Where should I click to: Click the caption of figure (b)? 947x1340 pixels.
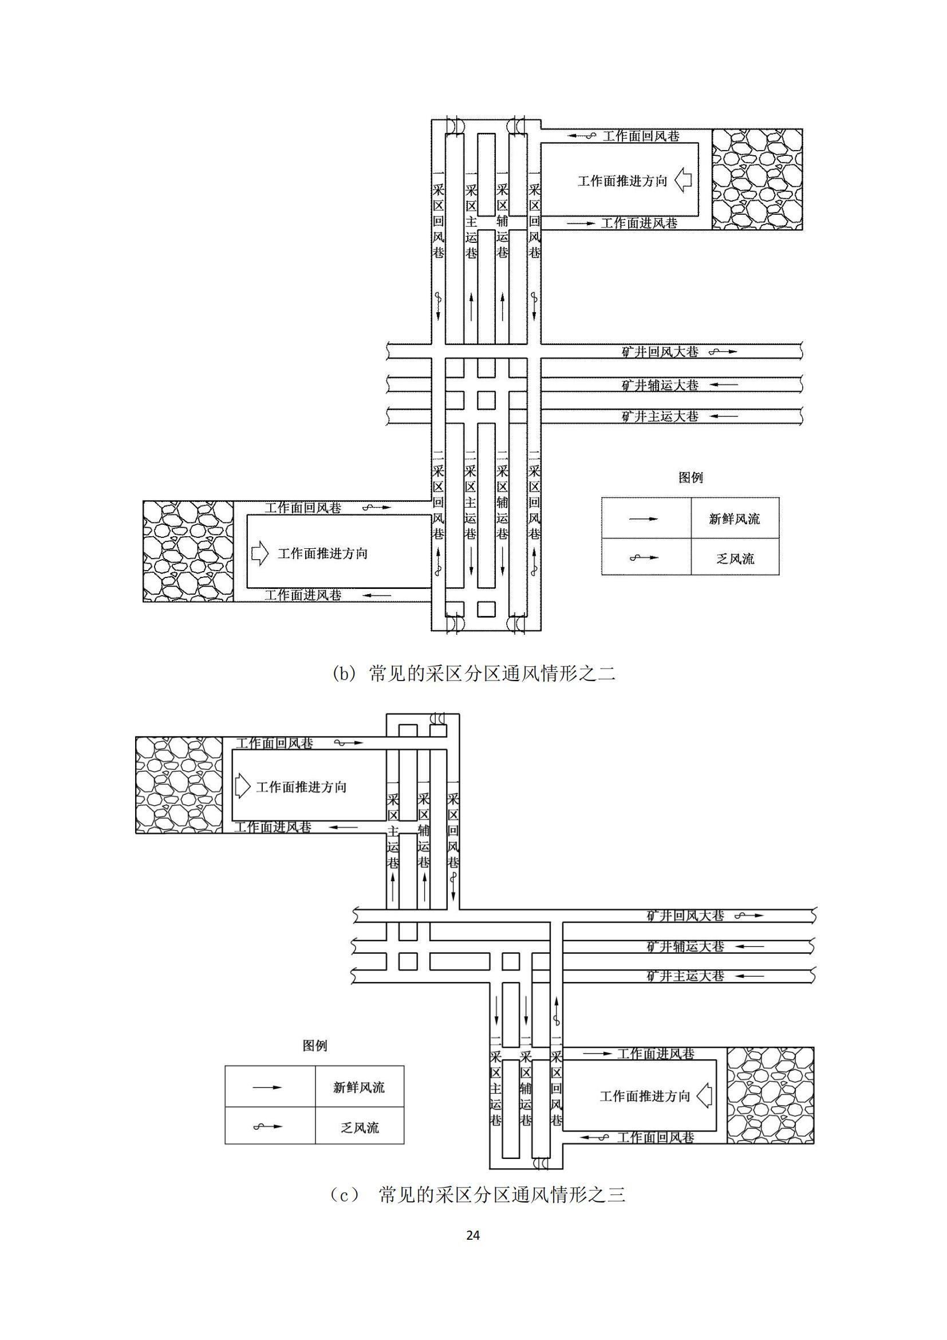pos(474,674)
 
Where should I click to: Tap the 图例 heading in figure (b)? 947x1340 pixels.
pos(690,477)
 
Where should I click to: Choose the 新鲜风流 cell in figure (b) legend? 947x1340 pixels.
pos(735,518)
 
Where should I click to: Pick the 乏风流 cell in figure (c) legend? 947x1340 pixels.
pos(360,1127)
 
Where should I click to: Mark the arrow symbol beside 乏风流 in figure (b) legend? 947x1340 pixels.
pos(644,557)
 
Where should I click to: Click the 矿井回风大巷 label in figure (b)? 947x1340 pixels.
pos(660,352)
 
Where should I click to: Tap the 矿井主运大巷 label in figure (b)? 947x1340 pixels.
pos(660,416)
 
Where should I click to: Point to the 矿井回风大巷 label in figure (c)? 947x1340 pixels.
pos(685,915)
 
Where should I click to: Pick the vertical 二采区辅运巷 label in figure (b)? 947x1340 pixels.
pos(502,495)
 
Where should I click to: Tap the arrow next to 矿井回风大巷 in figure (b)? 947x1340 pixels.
pos(723,352)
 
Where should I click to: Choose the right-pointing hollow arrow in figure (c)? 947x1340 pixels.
pos(243,786)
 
